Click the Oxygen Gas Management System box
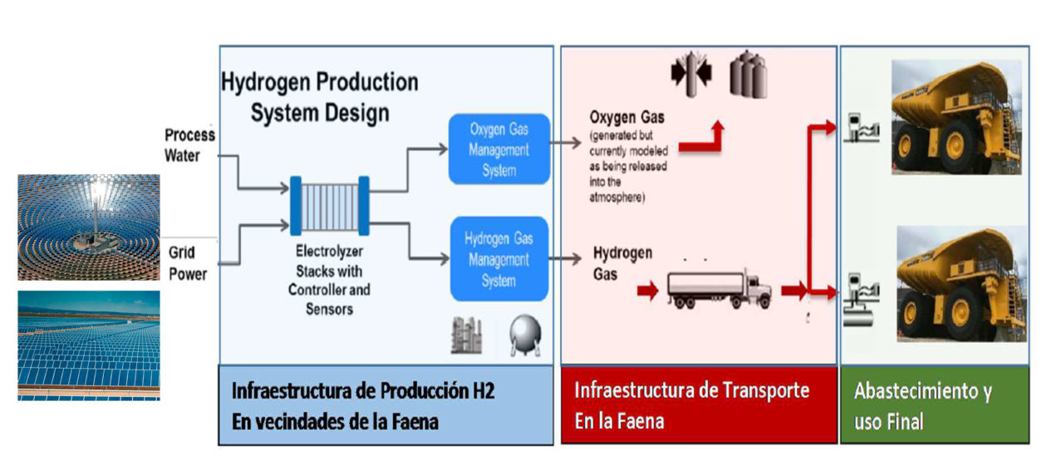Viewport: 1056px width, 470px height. [499, 149]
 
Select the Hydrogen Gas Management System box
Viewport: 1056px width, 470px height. [499, 259]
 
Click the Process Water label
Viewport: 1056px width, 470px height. [189, 144]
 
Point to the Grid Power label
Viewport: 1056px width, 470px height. [188, 262]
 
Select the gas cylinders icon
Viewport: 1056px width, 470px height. [748, 76]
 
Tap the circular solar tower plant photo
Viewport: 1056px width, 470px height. [89, 227]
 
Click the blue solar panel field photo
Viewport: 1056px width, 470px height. [89, 345]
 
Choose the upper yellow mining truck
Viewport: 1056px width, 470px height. [955, 116]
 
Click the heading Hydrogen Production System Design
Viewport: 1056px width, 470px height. [320, 96]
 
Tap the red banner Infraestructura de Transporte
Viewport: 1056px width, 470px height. [698, 404]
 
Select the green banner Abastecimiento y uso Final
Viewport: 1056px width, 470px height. [934, 404]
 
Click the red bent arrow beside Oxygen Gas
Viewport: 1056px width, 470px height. [702, 140]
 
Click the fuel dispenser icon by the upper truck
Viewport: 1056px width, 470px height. [861, 130]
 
